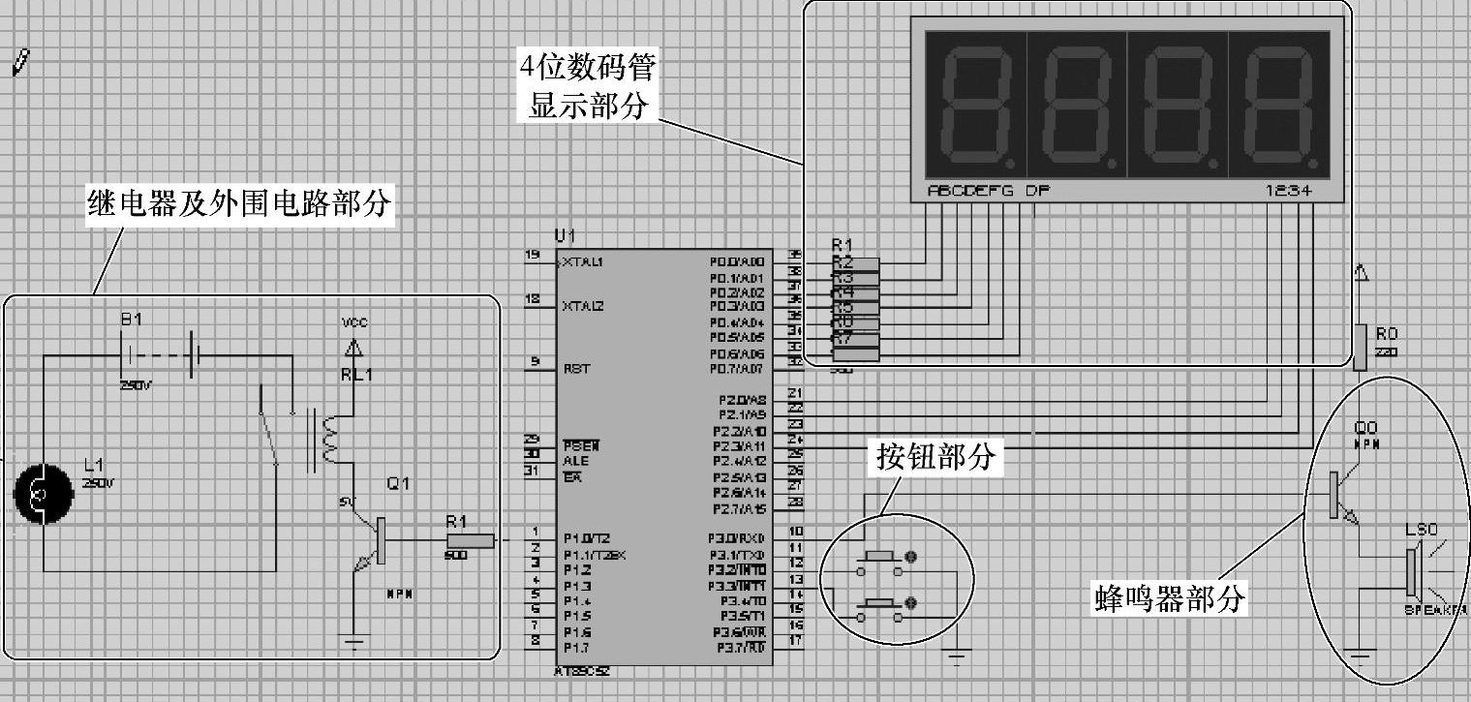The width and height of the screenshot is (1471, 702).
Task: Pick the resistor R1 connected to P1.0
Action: tap(471, 540)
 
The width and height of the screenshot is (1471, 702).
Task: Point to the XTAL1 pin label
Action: tap(583, 261)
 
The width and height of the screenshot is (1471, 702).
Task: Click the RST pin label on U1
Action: tap(576, 369)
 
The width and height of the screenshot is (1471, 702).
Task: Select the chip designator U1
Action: tap(564, 235)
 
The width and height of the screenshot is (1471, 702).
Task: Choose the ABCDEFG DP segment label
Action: tap(988, 191)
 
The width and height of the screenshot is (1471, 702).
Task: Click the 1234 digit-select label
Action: tap(1289, 191)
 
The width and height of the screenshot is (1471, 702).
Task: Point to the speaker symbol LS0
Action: tap(1413, 571)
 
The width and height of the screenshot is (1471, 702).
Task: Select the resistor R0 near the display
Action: tap(1360, 348)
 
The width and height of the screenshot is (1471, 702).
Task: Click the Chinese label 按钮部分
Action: tap(935, 456)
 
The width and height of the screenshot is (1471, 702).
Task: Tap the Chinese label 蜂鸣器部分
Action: tap(1168, 597)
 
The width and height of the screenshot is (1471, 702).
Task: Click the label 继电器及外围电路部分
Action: tap(240, 204)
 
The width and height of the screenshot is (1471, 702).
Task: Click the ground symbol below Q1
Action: tap(358, 640)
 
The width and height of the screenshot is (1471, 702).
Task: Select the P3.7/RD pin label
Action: tap(741, 647)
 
